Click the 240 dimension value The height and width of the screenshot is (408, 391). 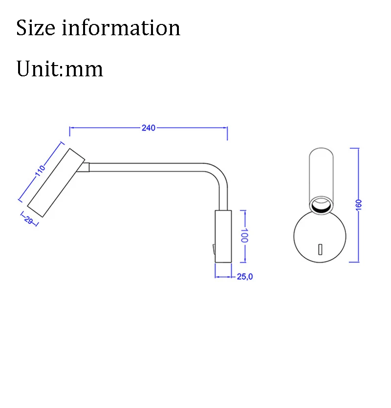(x=148, y=128)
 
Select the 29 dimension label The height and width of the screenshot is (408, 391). (x=28, y=220)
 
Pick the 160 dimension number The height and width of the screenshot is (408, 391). (x=358, y=205)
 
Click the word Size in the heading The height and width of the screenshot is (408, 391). (x=36, y=28)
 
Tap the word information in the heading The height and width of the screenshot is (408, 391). (x=121, y=28)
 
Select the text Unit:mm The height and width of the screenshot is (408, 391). (x=60, y=69)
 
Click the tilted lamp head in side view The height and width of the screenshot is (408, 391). (x=56, y=182)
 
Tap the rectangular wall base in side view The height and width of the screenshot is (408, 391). (x=222, y=236)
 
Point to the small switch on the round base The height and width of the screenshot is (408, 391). (x=321, y=249)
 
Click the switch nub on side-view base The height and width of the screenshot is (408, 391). (x=213, y=249)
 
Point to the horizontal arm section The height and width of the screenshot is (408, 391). (x=147, y=167)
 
